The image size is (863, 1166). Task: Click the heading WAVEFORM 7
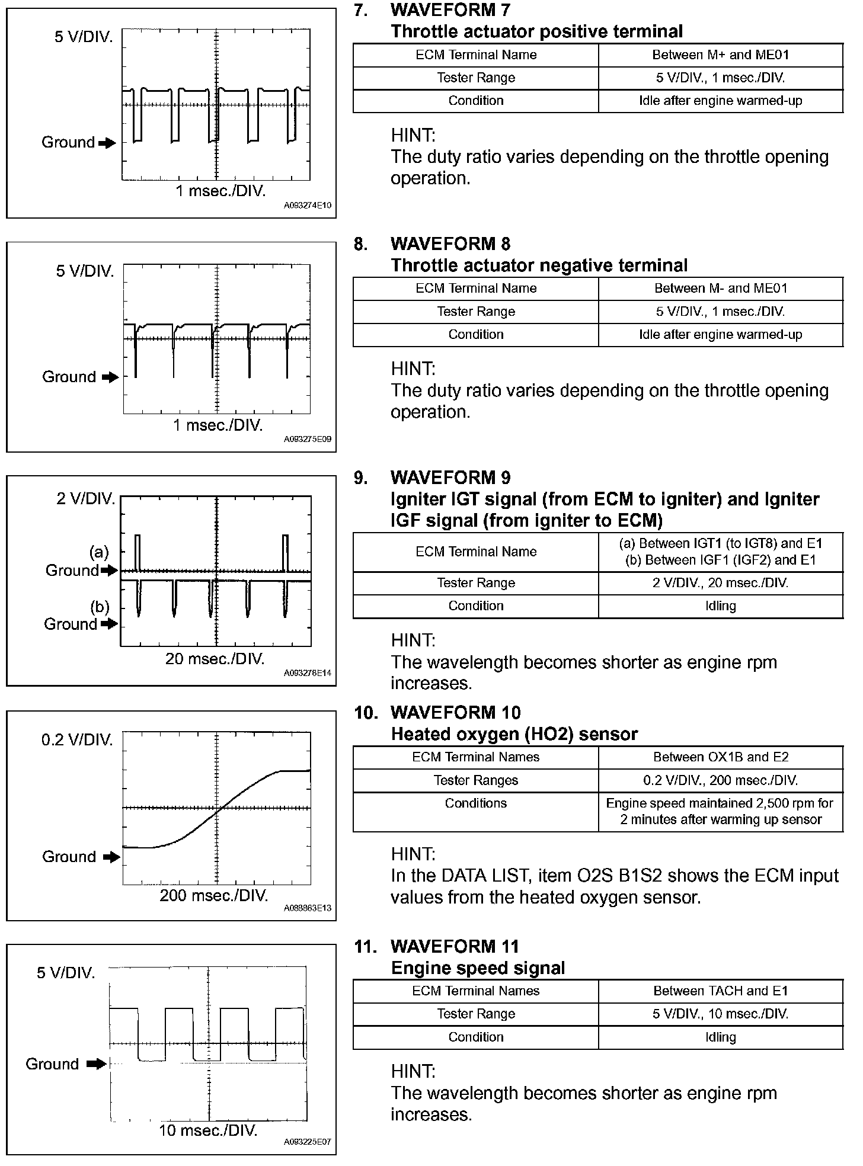450,10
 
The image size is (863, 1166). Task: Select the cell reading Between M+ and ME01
720,55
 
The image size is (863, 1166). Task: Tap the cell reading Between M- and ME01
720,289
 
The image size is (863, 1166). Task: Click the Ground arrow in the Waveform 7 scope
107,143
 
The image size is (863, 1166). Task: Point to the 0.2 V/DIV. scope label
77,740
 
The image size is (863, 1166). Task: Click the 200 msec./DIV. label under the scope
214,895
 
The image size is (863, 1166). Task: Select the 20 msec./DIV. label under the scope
215,659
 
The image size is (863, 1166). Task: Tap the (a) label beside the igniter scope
99,553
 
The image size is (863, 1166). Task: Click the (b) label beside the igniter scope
100,607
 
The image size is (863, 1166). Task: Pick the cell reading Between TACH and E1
720,991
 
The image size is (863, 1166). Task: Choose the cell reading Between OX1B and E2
720,757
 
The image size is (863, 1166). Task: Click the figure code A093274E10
308,206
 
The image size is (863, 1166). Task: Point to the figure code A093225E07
308,1142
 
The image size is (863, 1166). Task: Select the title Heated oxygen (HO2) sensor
514,735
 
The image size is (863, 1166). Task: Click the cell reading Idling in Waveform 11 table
720,1037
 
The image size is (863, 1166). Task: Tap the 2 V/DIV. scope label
86,499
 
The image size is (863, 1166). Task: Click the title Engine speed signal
478,968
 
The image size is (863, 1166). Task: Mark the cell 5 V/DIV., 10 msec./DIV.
720,1014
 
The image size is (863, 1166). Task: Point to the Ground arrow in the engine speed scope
96,1064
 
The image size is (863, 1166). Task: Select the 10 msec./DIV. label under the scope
208,1130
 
